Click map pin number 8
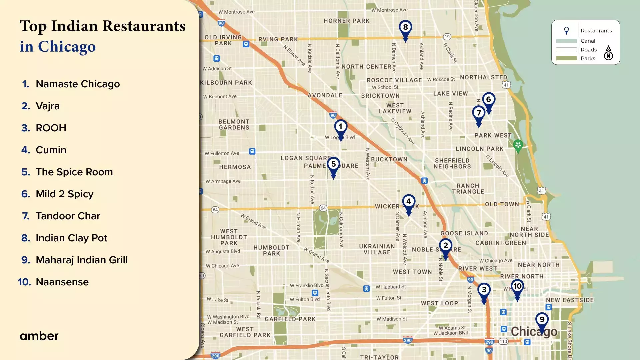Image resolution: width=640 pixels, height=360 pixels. (x=405, y=28)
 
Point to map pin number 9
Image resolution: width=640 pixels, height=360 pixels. (x=542, y=320)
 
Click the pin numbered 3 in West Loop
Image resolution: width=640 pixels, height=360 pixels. (x=484, y=291)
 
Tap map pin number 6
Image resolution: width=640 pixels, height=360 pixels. (x=489, y=100)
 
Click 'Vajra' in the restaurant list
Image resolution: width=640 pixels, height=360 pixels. (x=47, y=106)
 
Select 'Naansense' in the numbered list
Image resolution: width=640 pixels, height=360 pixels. (x=62, y=282)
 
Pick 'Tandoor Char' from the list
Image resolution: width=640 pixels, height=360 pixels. (x=68, y=216)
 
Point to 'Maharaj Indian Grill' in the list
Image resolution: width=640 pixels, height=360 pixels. (x=82, y=260)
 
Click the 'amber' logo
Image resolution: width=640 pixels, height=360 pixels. (x=39, y=336)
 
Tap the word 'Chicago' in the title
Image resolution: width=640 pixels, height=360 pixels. (x=67, y=47)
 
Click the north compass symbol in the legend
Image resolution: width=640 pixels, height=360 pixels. (x=608, y=53)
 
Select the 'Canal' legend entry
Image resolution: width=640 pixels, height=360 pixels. (x=588, y=41)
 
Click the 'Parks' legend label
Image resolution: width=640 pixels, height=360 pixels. (x=588, y=58)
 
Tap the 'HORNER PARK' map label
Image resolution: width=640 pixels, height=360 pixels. (x=346, y=21)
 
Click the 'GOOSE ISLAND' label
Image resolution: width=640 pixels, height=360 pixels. (x=464, y=233)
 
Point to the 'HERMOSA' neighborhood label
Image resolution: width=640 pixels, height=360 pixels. (x=235, y=167)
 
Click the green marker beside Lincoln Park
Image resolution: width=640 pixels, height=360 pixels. (x=518, y=145)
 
